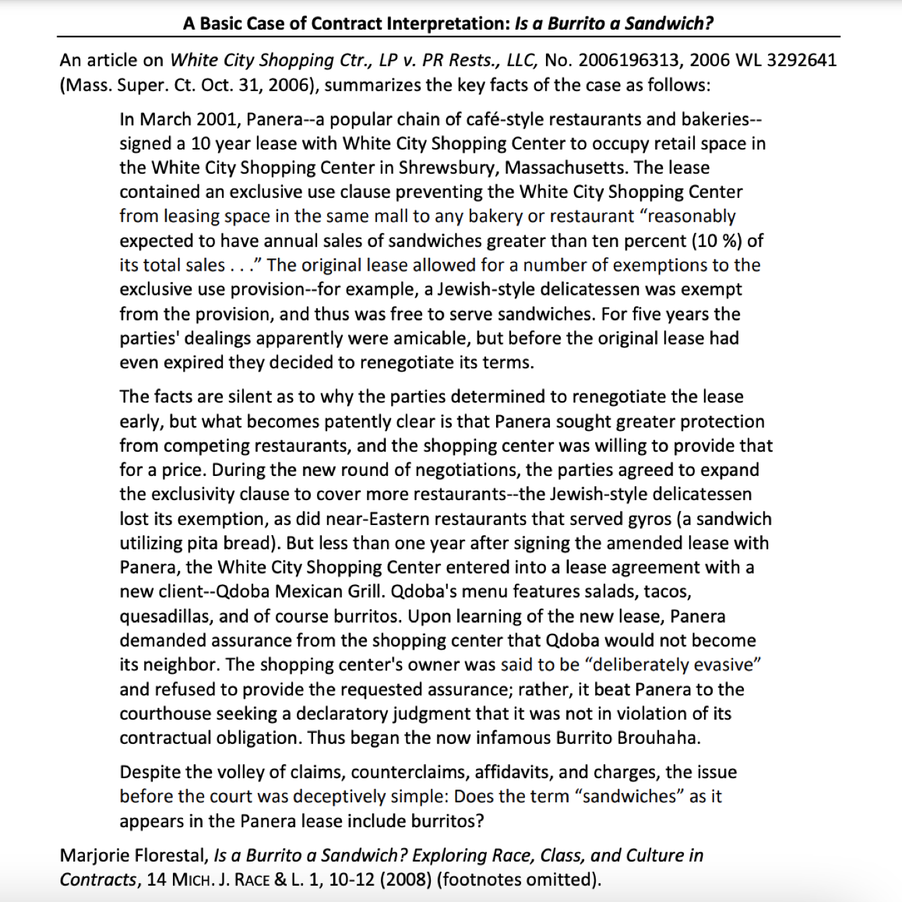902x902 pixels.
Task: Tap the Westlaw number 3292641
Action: [x=802, y=61]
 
